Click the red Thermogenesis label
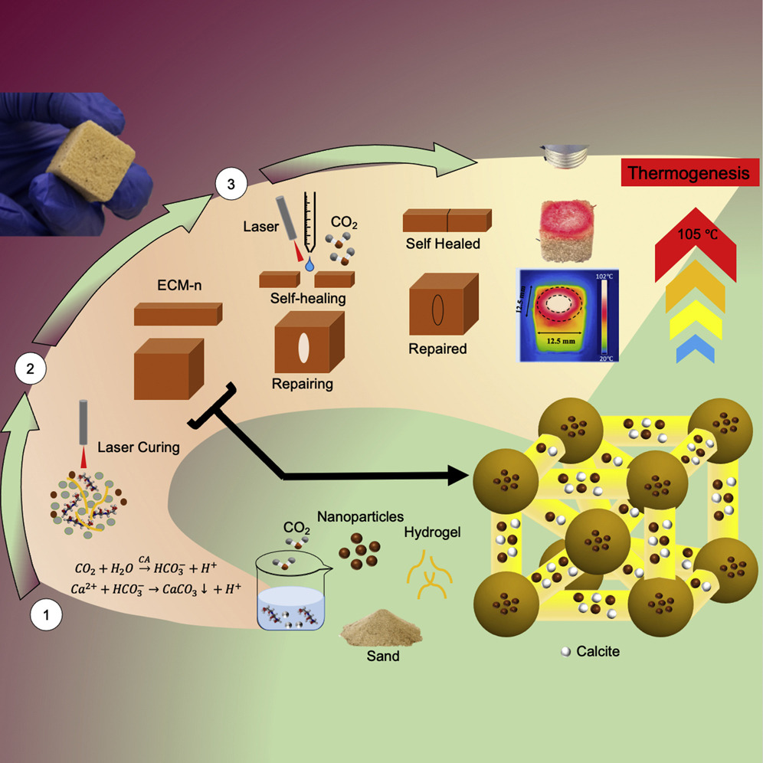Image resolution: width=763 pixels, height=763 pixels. (x=688, y=173)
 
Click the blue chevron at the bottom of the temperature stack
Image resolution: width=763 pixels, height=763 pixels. (x=696, y=349)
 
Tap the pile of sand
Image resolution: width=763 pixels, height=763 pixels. (x=381, y=629)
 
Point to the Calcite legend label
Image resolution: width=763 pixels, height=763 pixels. (x=598, y=652)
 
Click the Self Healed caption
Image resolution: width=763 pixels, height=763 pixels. (x=443, y=244)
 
